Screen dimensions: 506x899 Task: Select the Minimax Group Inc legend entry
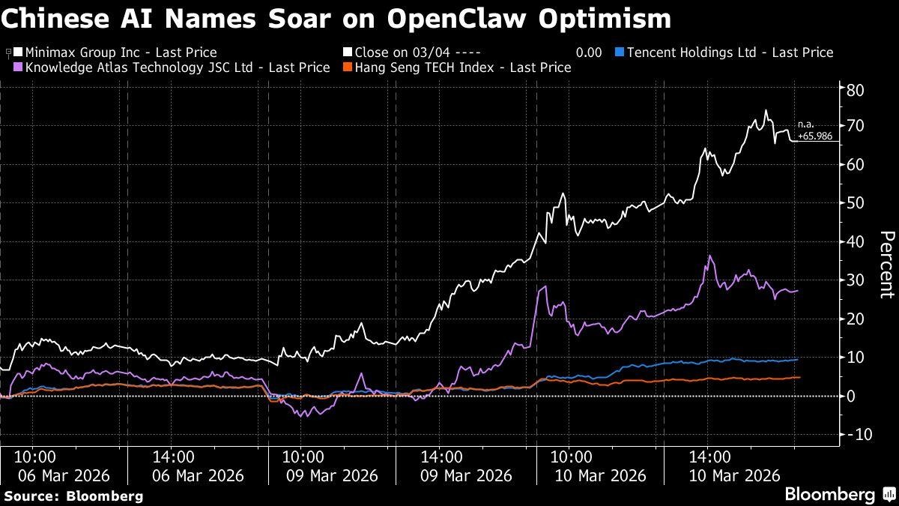point(121,52)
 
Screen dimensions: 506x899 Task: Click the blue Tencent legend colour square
point(619,52)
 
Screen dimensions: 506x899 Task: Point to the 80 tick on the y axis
point(856,89)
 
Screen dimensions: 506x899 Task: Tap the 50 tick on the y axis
point(856,203)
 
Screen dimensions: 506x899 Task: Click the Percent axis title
point(886,265)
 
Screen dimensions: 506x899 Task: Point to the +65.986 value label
point(814,137)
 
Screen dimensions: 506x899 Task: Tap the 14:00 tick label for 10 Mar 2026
point(709,457)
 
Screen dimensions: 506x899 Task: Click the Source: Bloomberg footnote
point(73,496)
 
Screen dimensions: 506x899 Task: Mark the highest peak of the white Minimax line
point(766,111)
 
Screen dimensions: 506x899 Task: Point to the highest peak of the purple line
point(709,256)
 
